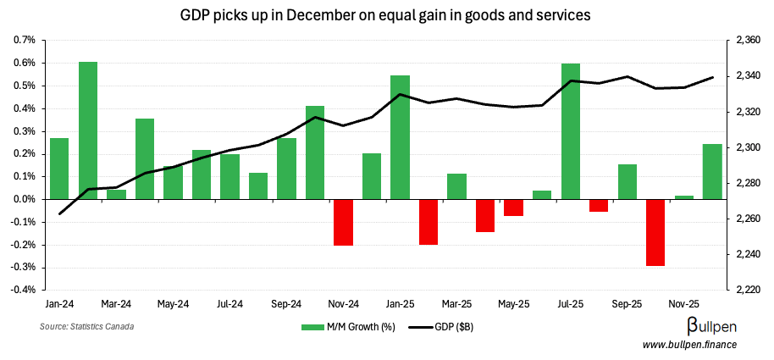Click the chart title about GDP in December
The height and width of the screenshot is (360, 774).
pyautogui.click(x=386, y=15)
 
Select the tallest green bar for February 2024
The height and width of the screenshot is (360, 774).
pyautogui.click(x=88, y=130)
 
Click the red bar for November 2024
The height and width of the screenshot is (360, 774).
pyautogui.click(x=343, y=222)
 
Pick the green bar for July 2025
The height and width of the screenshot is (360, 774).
pyautogui.click(x=570, y=131)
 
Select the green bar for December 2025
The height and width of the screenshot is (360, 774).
pyautogui.click(x=712, y=171)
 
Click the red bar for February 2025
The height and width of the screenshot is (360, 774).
pyautogui.click(x=428, y=222)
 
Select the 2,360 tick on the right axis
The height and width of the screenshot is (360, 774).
pyautogui.click(x=746, y=40)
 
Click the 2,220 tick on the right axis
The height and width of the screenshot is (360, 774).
pyautogui.click(x=746, y=290)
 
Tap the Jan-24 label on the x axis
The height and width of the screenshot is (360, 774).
pyautogui.click(x=59, y=303)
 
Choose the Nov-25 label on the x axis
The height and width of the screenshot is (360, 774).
pyautogui.click(x=683, y=303)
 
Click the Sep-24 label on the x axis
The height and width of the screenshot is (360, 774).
pyautogui.click(x=286, y=303)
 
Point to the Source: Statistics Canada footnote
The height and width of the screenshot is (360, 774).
pyautogui.click(x=86, y=326)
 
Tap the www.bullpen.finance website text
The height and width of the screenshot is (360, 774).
pyautogui.click(x=689, y=344)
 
